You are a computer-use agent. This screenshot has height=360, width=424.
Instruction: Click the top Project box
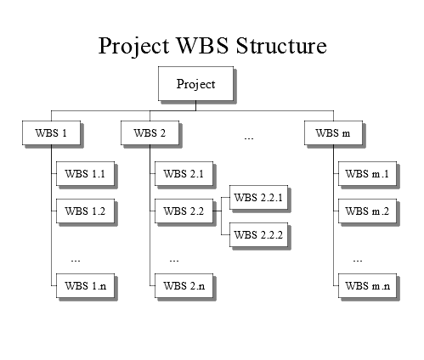click(x=195, y=83)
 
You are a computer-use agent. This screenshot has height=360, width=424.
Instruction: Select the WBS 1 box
click(x=51, y=132)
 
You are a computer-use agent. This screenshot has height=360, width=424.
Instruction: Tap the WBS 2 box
click(x=150, y=132)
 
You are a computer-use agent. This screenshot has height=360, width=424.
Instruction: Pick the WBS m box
click(x=333, y=132)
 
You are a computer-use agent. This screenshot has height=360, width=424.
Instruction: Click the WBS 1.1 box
click(x=85, y=173)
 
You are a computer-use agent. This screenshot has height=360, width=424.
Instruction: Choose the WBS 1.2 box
click(x=85, y=211)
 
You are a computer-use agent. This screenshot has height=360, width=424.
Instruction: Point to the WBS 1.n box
click(x=85, y=285)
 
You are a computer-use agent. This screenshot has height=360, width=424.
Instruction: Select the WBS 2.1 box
click(x=184, y=173)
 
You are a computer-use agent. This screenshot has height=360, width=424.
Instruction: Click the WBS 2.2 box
click(x=184, y=211)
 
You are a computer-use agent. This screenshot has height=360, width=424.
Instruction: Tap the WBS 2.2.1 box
click(x=258, y=197)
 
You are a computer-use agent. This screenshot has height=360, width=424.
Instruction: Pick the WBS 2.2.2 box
click(x=258, y=234)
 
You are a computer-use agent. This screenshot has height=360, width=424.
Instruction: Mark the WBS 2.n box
click(x=184, y=285)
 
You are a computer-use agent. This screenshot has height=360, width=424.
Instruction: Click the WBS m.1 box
click(x=367, y=173)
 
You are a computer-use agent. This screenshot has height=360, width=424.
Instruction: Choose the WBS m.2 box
click(x=367, y=211)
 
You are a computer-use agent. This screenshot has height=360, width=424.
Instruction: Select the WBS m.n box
click(x=367, y=285)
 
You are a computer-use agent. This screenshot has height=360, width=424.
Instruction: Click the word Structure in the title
click(x=281, y=45)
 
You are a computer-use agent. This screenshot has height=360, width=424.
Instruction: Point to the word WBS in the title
click(x=202, y=45)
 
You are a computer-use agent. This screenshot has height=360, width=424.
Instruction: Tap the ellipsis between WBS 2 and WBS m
click(x=249, y=138)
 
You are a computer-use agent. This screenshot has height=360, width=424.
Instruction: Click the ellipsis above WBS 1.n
click(x=76, y=261)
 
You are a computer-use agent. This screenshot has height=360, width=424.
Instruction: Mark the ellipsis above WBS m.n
click(x=358, y=261)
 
